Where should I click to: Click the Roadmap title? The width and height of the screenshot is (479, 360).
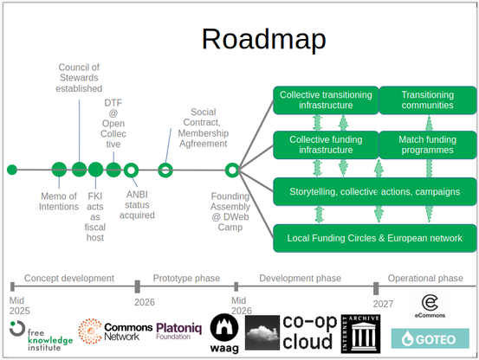[x=264, y=39]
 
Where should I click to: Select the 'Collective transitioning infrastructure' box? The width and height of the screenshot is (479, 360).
[x=326, y=100]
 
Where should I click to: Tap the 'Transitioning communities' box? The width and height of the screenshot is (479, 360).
[x=428, y=100]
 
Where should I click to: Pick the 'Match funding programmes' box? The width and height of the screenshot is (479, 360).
[x=428, y=145]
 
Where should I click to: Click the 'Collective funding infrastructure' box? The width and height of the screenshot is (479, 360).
[x=326, y=145]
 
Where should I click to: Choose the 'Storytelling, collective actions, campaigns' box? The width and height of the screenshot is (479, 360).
[x=375, y=191]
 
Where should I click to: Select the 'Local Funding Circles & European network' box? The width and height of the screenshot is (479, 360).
[x=375, y=238]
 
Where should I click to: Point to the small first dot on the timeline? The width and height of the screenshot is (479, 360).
[x=12, y=170]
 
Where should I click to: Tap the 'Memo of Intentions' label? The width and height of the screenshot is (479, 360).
[x=59, y=202]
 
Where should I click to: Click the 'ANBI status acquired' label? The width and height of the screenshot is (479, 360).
[x=137, y=205]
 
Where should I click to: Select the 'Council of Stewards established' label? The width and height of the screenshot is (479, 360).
[x=79, y=78]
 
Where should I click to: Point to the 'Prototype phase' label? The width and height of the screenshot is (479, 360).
[x=186, y=279]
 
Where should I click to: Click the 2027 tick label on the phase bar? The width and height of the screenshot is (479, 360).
[x=383, y=304]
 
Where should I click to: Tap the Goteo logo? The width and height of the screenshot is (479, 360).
[x=430, y=338]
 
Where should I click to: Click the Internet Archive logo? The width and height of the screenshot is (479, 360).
[x=361, y=334]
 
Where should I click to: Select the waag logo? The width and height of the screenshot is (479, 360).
[x=224, y=333]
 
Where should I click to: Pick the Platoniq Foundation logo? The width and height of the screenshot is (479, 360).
[x=179, y=331]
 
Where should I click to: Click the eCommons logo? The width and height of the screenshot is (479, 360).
[x=430, y=306]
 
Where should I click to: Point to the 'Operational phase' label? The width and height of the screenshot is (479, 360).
[x=425, y=279]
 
